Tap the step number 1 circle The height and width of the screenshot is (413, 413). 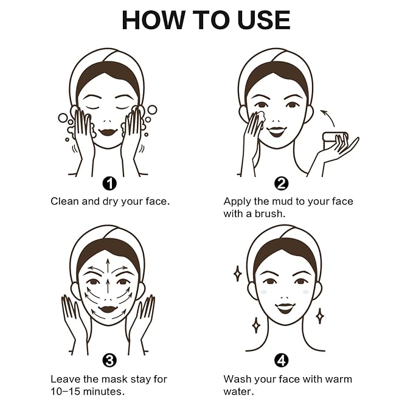[x=110, y=183]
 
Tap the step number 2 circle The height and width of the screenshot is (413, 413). [x=281, y=183]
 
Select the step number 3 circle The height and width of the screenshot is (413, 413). [x=109, y=361]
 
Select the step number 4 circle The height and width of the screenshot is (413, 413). [x=281, y=361]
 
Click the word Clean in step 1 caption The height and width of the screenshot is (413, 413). [x=65, y=201]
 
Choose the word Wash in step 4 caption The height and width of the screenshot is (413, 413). [x=237, y=379]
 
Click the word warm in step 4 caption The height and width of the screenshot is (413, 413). [x=339, y=379]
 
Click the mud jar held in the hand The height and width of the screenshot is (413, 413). [x=332, y=139]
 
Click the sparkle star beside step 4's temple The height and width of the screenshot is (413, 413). [x=237, y=273]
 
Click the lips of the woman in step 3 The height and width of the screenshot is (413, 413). [x=108, y=308]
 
